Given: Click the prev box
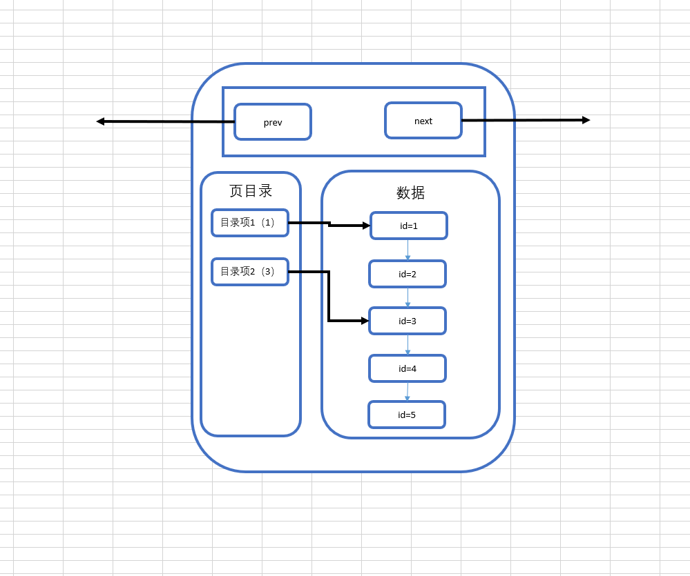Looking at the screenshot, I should click(x=273, y=122).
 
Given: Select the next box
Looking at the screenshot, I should click(x=423, y=121).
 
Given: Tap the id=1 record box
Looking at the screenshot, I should click(x=409, y=226).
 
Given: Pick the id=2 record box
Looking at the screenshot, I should click(x=408, y=274).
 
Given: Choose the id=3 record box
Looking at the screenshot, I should click(x=408, y=321).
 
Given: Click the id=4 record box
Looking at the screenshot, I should click(x=408, y=368).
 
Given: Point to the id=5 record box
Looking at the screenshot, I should click(x=407, y=415).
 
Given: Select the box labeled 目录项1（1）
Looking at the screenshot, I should click(x=250, y=223).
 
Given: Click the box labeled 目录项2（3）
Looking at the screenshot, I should click(x=250, y=272).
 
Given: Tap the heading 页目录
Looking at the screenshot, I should click(x=251, y=191).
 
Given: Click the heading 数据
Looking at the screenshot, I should click(x=410, y=193).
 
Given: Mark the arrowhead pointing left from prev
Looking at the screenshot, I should click(x=100, y=121).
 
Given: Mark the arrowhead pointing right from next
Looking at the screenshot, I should click(x=586, y=120).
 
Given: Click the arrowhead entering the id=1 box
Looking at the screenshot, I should click(x=366, y=226).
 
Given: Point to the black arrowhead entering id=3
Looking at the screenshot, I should click(x=365, y=321).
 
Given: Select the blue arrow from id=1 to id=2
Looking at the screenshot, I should click(x=408, y=250).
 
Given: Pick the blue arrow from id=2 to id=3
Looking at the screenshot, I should click(x=408, y=297).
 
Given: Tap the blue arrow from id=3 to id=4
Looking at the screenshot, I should click(x=408, y=345).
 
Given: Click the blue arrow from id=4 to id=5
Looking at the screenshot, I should click(x=408, y=391).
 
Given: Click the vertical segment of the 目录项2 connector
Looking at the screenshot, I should click(x=329, y=297).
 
